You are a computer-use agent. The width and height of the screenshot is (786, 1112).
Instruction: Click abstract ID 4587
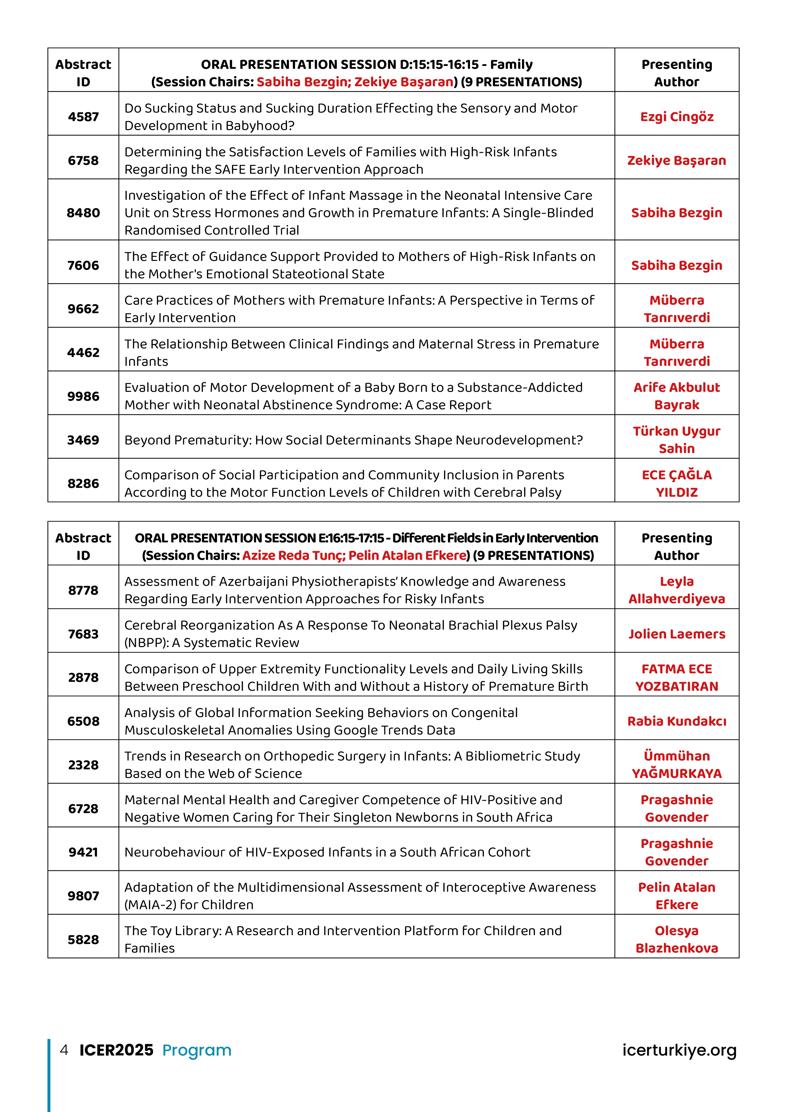point(83,117)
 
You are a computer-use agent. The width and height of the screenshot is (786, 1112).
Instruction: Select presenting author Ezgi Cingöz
point(677,117)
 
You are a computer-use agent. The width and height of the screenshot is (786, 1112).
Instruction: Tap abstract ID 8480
point(83,213)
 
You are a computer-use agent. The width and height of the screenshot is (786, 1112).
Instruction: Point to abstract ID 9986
point(83,396)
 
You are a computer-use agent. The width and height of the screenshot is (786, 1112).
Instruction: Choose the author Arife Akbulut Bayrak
point(677,396)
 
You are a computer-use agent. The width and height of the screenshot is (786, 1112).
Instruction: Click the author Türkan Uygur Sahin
point(677,440)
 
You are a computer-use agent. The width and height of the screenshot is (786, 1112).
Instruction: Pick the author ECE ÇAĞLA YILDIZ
point(677,483)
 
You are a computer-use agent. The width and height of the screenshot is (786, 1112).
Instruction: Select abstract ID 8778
point(83,590)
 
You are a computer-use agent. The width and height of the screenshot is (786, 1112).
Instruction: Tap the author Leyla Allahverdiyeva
point(677,590)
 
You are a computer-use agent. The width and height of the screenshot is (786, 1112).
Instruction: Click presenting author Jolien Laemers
point(677,634)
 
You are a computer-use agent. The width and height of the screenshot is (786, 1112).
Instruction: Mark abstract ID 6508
point(83,721)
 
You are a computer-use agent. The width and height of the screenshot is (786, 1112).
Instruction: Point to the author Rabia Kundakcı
point(677,721)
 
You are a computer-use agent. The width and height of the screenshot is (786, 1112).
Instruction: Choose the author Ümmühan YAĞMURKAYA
point(677,765)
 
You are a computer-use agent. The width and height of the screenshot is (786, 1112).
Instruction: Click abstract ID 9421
point(83,852)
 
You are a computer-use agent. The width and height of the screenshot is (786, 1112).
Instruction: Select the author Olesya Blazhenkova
point(677,940)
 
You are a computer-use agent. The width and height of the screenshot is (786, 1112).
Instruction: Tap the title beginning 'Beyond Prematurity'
point(353,440)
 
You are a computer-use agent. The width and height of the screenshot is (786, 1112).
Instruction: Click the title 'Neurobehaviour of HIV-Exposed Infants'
point(327,852)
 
